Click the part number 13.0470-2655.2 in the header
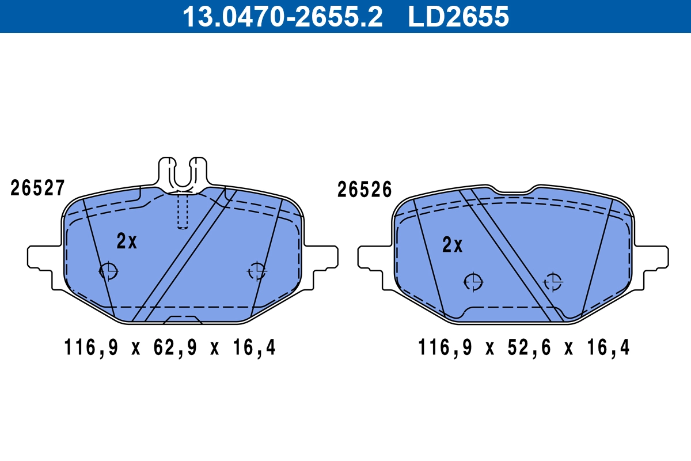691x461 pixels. [x=282, y=16]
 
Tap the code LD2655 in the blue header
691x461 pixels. [x=458, y=16]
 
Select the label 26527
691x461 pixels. [x=37, y=188]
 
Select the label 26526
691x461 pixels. [x=364, y=190]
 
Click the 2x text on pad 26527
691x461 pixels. [x=127, y=241]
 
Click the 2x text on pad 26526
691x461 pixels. [x=453, y=245]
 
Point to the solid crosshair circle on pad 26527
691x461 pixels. [x=108, y=270]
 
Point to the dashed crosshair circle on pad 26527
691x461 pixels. [x=256, y=270]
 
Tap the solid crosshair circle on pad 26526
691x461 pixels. [x=473, y=282]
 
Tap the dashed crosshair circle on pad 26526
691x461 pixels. [x=553, y=282]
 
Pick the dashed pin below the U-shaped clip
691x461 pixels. [x=183, y=211]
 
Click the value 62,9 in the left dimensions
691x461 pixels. [x=170, y=348]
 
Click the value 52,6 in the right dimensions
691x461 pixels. [x=524, y=348]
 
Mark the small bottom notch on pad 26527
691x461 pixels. [x=182, y=319]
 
